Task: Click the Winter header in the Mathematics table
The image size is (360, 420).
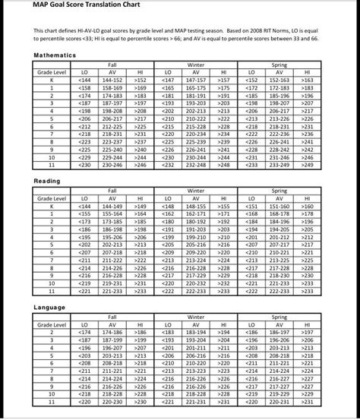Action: click(x=195, y=65)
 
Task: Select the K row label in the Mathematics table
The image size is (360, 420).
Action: click(x=52, y=79)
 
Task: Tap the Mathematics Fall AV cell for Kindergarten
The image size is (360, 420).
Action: click(x=112, y=79)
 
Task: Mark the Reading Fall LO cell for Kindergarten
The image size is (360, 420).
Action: click(x=84, y=205)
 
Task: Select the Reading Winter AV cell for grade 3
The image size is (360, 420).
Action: click(x=195, y=229)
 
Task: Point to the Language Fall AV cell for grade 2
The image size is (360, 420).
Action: click(x=112, y=332)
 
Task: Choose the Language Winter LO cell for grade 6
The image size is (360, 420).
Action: click(x=169, y=362)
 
